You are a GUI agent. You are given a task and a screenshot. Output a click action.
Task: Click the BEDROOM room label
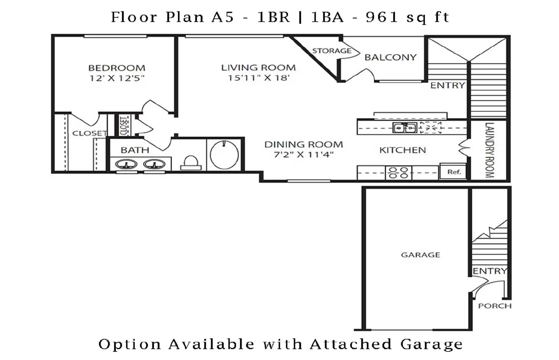[117, 68]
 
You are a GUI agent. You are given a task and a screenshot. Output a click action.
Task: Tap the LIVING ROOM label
[258, 68]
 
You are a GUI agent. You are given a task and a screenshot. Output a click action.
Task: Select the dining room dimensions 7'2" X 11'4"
[304, 154]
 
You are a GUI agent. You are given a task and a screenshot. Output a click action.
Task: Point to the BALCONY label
[391, 57]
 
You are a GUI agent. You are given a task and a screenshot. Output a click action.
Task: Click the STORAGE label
[332, 51]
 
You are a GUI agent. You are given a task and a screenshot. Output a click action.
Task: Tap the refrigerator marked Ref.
[453, 172]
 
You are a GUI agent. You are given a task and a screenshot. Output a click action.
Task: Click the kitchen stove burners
[399, 173]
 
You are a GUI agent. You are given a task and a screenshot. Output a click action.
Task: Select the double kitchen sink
[405, 128]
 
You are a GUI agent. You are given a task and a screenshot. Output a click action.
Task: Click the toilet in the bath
[191, 163]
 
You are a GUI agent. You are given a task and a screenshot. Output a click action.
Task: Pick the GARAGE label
[421, 255]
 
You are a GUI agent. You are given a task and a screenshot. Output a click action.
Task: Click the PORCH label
[495, 306]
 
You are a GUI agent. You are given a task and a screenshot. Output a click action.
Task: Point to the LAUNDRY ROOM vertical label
[489, 150]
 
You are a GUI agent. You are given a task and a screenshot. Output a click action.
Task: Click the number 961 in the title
[382, 17]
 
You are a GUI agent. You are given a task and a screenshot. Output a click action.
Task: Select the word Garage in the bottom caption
[431, 345]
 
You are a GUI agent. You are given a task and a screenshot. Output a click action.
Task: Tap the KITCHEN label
[402, 150]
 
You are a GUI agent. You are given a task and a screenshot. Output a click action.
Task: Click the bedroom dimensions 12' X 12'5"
[117, 78]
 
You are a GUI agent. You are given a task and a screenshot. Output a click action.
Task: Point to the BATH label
[135, 150]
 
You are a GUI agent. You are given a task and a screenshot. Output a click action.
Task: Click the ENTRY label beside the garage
[490, 271]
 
